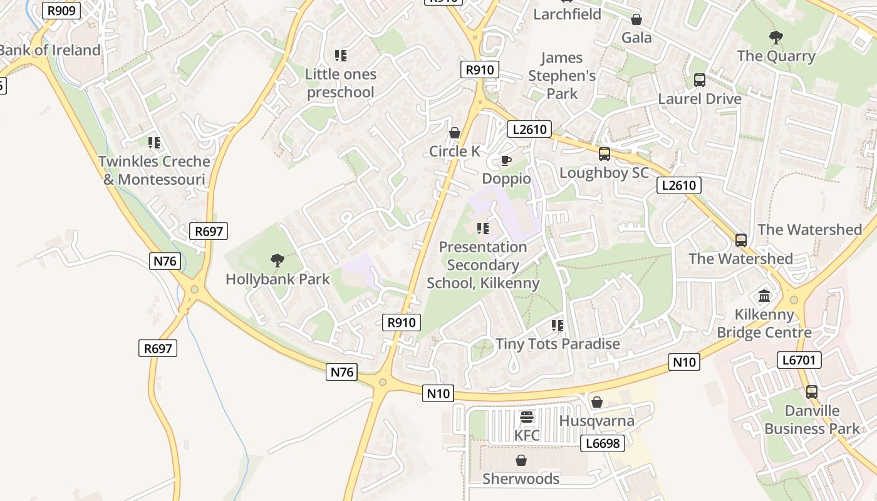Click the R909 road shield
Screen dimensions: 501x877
pos(62,10)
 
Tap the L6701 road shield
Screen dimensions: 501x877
pos(799,360)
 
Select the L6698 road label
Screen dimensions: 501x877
pos(603,444)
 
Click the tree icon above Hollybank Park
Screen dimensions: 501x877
pos(277,260)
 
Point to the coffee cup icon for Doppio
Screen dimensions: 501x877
pos(506,161)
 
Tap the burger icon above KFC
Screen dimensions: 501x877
pos(527,417)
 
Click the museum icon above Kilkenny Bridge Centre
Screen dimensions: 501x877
pos(764,296)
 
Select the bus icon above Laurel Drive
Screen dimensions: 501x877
pos(700,80)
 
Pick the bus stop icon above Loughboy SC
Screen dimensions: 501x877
pos(605,154)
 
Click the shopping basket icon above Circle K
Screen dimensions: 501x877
pos(455,133)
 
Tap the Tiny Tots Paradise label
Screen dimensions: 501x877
pos(558,344)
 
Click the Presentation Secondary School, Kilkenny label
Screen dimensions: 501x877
pos(483,265)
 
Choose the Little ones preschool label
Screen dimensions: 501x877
pos(341,83)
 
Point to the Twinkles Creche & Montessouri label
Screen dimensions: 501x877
pos(154,170)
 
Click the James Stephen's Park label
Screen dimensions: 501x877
pos(562,76)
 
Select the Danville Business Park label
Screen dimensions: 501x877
pos(812,420)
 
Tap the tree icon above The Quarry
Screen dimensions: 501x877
pos(776,38)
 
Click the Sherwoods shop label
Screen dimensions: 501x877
pos(521,479)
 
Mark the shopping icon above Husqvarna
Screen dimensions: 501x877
pos(597,402)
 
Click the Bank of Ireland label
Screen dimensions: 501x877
pos(50,50)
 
